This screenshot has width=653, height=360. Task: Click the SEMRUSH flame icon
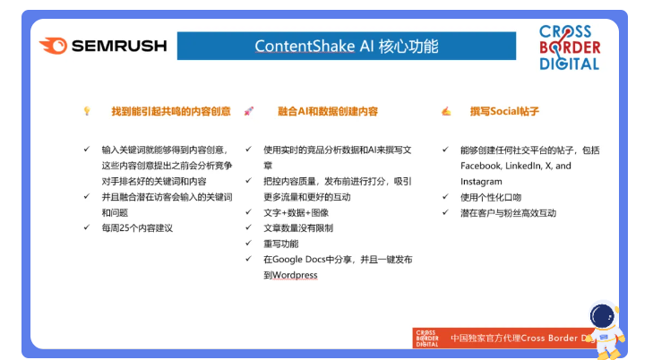[54, 46]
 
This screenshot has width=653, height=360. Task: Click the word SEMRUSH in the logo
[119, 46]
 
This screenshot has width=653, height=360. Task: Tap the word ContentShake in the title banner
[305, 47]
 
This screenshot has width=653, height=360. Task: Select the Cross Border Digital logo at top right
[570, 47]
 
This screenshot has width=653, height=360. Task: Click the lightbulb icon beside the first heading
[87, 111]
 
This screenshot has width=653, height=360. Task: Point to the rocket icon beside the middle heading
[249, 111]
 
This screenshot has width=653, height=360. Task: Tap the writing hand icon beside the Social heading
[446, 111]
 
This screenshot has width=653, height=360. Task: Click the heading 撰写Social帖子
[504, 111]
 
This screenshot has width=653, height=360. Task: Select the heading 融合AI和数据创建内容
[328, 111]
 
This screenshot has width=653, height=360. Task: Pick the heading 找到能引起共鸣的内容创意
[171, 111]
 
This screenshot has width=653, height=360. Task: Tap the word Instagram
[481, 182]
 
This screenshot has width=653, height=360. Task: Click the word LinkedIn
[523, 166]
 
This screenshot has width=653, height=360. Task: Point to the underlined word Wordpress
[295, 275]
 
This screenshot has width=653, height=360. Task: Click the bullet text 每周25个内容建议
[137, 228]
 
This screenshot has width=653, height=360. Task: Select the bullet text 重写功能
[281, 244]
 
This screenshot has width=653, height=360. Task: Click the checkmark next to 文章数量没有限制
[249, 227]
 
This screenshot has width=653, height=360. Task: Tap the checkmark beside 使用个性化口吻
[445, 196]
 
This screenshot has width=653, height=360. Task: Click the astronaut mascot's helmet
[603, 316]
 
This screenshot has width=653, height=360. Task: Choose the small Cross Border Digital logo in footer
[427, 339]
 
